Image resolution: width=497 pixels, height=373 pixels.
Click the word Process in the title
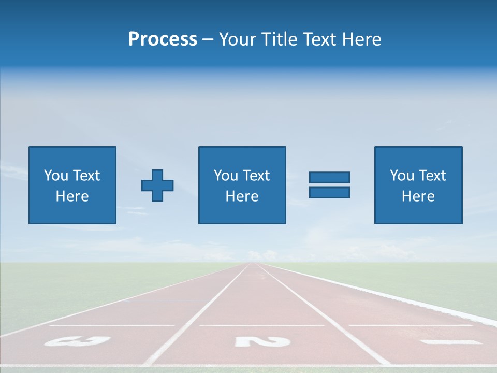(x=163, y=39)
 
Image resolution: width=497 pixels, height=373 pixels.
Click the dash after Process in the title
(x=208, y=40)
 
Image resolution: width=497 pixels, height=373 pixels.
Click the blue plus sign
(x=157, y=185)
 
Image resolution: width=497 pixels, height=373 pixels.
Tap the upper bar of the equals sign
(x=329, y=178)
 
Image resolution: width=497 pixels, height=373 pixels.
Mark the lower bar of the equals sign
(x=329, y=192)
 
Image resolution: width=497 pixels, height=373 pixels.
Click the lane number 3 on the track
(x=77, y=341)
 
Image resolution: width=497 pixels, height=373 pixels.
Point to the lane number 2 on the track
(x=262, y=341)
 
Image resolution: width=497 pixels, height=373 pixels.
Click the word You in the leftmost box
(x=55, y=176)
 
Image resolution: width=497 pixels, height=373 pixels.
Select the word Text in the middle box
(x=256, y=176)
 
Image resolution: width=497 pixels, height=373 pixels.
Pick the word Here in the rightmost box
(x=418, y=196)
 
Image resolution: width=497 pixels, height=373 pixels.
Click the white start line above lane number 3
(x=111, y=325)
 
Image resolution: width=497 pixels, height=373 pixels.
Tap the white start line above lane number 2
(x=261, y=325)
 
